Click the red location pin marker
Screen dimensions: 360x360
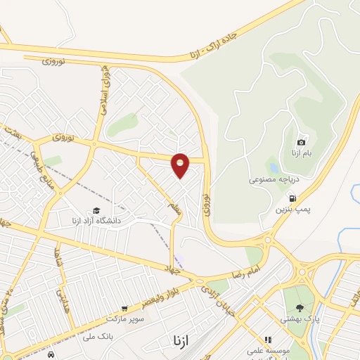[x=181, y=165]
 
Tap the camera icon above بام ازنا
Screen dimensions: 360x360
[x=302, y=143]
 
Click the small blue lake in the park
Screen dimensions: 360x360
[x=274, y=169]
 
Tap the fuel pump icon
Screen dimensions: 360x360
[x=292, y=198]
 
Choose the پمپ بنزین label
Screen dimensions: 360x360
[x=292, y=210]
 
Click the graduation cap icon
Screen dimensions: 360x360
[x=96, y=210]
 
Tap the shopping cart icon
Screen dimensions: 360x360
[x=124, y=308]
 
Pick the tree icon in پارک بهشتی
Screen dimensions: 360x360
[x=300, y=308]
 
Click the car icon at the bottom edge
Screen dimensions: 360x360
[x=51, y=356]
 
